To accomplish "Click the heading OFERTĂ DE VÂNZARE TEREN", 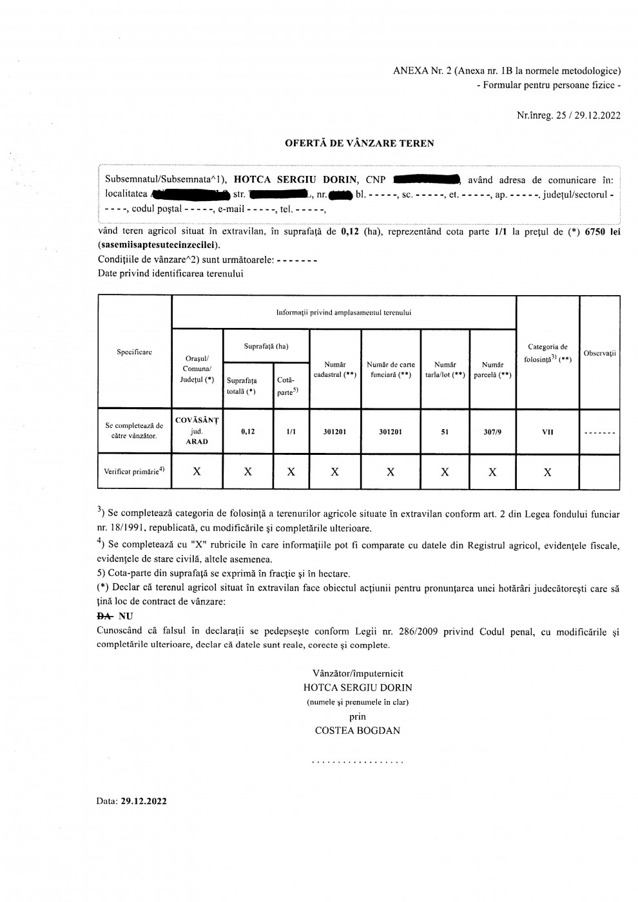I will tap(360, 144).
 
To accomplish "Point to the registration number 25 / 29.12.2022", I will tap(586, 116).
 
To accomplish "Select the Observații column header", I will tap(599, 354).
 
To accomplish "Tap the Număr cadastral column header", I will tap(334, 369).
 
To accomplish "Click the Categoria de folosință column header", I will tap(547, 352).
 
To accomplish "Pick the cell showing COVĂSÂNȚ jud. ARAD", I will tap(197, 431).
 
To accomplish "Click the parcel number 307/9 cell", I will tap(492, 432).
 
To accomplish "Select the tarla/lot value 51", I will tap(445, 432).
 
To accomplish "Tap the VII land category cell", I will tap(547, 432).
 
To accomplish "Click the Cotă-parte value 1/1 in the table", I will tap(291, 432).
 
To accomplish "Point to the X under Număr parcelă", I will tap(492, 472).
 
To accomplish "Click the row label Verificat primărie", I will tap(134, 471).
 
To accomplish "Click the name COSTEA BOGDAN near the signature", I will tap(357, 731).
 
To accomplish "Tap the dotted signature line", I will tap(357, 762).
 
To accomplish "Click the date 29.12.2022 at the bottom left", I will tap(144, 801).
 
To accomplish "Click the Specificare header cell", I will tap(134, 352).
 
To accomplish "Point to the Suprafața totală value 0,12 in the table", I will tap(247, 432).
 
